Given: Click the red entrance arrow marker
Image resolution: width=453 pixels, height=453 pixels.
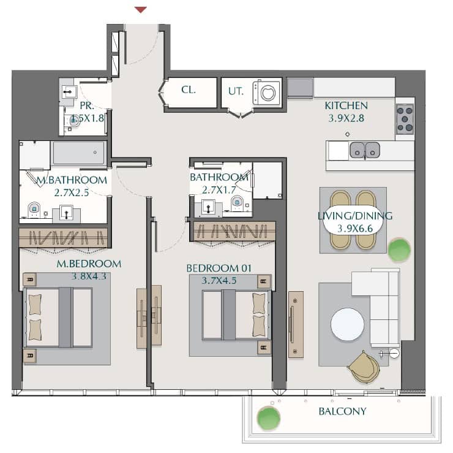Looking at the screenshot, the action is [x=141, y=10].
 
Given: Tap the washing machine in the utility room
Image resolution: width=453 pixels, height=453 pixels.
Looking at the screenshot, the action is [x=266, y=93].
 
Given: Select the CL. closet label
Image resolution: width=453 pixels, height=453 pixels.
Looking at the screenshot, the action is [x=189, y=90].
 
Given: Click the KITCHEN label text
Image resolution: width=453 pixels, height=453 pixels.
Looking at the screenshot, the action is [x=346, y=105].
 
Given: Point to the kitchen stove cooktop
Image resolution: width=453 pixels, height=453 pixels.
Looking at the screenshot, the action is [x=405, y=119].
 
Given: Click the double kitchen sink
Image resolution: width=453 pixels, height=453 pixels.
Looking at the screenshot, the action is [x=365, y=150].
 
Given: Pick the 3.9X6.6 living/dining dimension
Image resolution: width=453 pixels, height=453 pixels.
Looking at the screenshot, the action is [x=355, y=229].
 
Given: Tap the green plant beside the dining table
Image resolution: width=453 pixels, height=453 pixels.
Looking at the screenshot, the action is [x=399, y=250].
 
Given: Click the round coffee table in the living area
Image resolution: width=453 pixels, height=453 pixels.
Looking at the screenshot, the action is [x=347, y=324].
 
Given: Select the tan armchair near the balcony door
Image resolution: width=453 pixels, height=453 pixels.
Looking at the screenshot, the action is [x=364, y=367].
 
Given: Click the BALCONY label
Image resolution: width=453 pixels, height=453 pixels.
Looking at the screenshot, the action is [x=342, y=411].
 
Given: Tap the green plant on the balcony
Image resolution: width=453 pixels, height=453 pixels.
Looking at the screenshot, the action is [x=269, y=418].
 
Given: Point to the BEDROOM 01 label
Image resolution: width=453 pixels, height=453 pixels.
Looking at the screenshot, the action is [x=219, y=268].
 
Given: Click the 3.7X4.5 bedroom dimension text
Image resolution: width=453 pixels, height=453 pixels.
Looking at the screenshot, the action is [x=219, y=280].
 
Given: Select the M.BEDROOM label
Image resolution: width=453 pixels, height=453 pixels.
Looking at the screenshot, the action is [x=89, y=264].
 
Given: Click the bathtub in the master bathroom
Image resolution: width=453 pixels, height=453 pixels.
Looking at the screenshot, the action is [x=79, y=153].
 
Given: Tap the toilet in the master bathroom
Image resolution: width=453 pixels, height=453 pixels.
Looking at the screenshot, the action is [x=34, y=210].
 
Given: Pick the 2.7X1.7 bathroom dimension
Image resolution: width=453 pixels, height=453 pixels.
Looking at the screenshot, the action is [x=219, y=190].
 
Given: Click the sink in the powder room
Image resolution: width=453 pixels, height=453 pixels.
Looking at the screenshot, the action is [x=69, y=93].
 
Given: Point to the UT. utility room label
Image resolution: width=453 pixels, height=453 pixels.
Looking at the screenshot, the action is [x=236, y=91].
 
